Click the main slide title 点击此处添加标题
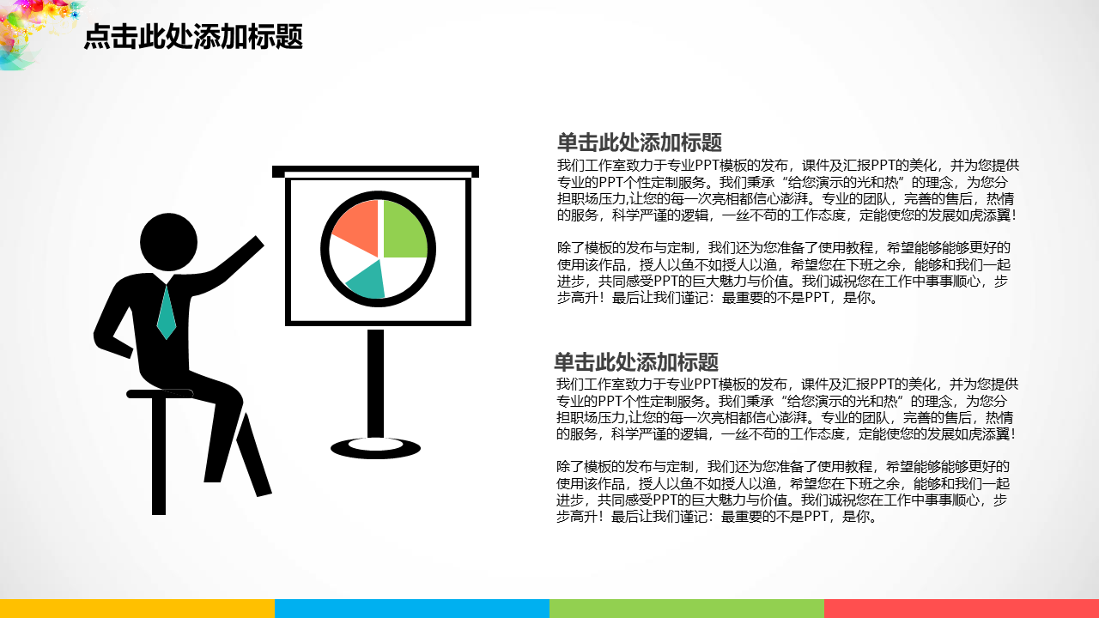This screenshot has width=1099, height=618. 193,37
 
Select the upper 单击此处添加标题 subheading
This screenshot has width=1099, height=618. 640,142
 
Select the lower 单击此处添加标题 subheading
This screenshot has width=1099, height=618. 636,362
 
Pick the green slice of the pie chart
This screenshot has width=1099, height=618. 404,229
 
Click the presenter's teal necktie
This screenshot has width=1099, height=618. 167,313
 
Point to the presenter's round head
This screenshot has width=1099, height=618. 169,242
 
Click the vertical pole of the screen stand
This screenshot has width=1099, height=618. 375,384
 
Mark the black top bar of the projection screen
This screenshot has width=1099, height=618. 375,171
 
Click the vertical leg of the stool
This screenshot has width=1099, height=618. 159,455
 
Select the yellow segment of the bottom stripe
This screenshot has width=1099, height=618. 137,609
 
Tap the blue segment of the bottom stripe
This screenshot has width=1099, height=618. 412,609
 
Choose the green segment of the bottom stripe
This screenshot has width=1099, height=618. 687,609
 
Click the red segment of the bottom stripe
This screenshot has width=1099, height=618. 962,609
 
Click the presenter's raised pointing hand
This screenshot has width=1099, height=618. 255,244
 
